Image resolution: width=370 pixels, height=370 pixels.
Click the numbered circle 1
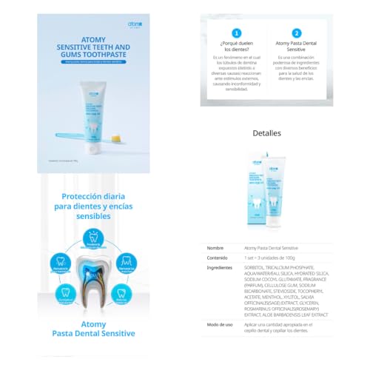pyautogui.click(x=237, y=33)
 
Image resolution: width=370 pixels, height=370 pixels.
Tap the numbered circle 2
pyautogui.click(x=296, y=33)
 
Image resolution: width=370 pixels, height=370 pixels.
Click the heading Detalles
pyautogui.click(x=266, y=133)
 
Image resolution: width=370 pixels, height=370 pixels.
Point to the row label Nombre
pyautogui.click(x=215, y=248)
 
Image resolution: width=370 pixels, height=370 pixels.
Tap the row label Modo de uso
pyautogui.click(x=221, y=324)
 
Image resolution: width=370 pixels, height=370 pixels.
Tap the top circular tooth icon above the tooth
pyautogui.click(x=93, y=236)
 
